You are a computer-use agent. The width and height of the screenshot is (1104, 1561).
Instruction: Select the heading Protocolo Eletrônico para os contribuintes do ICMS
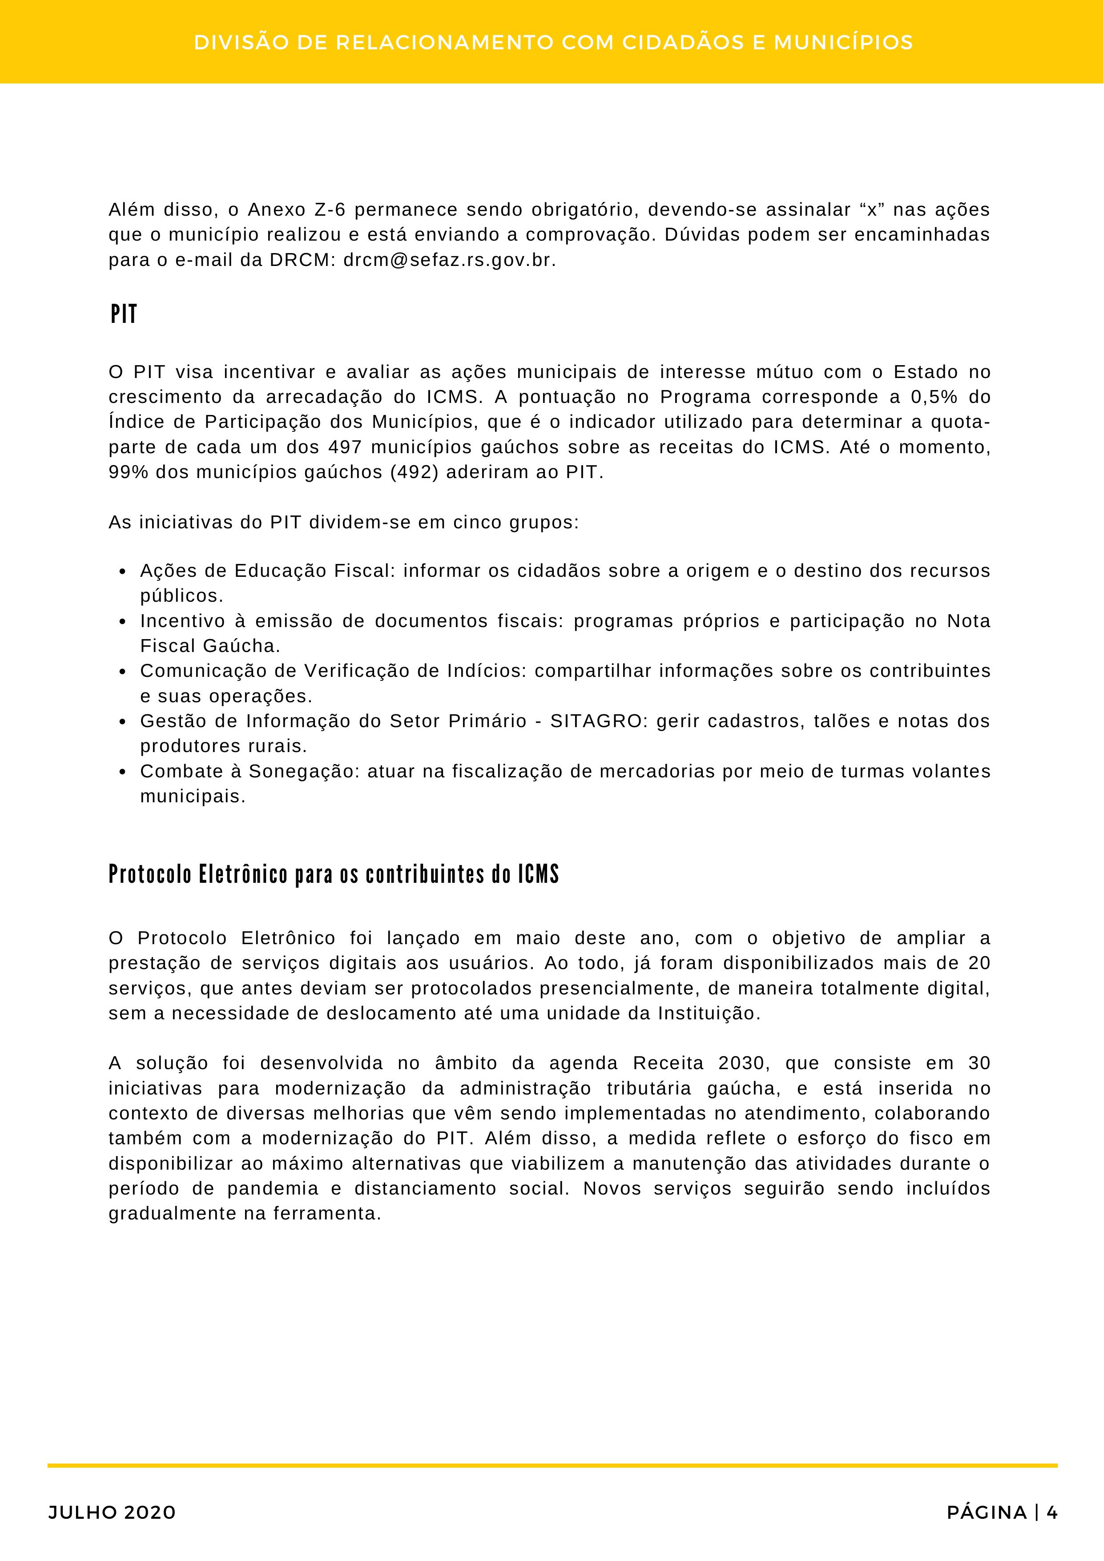pos(333,874)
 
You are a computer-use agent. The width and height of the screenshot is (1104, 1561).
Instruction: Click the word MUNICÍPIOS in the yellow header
pos(843,43)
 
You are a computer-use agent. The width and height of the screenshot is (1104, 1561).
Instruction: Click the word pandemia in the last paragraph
pos(273,1188)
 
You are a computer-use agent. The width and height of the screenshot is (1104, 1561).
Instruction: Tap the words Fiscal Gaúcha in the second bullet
pos(210,646)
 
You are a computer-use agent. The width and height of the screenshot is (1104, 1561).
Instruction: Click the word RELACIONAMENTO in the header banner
pos(445,43)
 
